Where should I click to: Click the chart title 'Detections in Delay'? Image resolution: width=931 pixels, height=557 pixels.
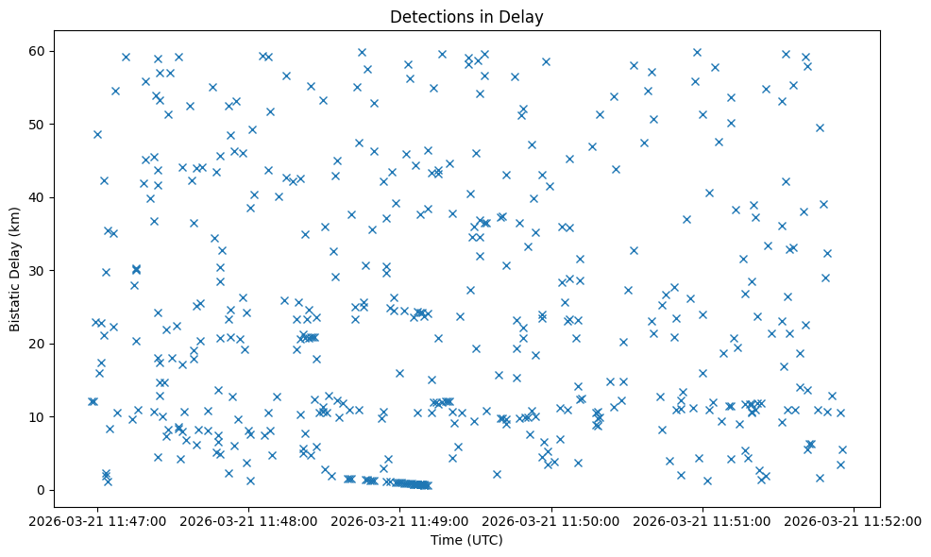pyautogui.click(x=466, y=17)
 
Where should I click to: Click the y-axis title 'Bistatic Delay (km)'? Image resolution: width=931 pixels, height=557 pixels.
pyautogui.click(x=15, y=270)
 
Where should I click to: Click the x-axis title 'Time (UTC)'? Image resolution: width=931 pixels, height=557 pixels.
pyautogui.click(x=466, y=540)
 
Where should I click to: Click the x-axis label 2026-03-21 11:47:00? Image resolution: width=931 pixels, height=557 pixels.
pyautogui.click(x=98, y=520)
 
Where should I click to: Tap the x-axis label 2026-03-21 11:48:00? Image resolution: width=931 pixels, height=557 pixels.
pyautogui.click(x=249, y=520)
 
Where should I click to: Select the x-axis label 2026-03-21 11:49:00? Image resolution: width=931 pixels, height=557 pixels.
pyautogui.click(x=400, y=520)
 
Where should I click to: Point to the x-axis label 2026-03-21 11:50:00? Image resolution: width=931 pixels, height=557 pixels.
pyautogui.click(x=551, y=520)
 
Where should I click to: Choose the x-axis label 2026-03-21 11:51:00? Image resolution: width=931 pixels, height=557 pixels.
pyautogui.click(x=702, y=520)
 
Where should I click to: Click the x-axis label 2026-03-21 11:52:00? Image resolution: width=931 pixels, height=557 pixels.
pyautogui.click(x=854, y=520)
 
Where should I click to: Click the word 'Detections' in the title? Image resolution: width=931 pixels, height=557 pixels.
pyautogui.click(x=431, y=17)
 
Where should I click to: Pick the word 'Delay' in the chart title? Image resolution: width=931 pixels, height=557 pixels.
pyautogui.click(x=525, y=17)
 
